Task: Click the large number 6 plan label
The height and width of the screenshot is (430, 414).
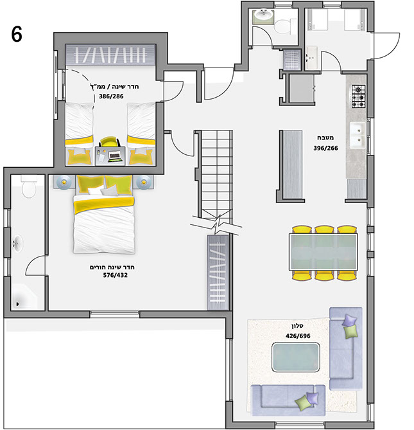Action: point(17,34)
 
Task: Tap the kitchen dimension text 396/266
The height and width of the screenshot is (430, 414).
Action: point(325,148)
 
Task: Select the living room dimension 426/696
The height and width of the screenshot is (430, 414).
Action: point(298,336)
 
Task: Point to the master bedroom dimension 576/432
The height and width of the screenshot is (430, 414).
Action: point(116,275)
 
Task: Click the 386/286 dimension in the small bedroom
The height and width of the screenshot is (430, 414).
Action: point(111,96)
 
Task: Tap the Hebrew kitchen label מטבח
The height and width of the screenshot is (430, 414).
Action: point(325,138)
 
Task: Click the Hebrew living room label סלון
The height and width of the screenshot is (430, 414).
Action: point(297,326)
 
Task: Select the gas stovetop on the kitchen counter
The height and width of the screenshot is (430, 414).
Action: point(358,96)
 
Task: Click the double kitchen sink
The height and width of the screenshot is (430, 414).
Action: point(358,135)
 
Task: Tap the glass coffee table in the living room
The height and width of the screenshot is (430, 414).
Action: point(296,357)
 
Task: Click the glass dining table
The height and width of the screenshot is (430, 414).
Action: point(323,252)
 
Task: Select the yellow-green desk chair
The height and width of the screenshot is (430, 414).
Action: point(110,142)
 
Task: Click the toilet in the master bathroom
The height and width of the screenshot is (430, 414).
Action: point(29,187)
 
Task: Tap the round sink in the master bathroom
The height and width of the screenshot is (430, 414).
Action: point(18,243)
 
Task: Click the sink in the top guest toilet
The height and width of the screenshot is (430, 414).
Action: point(263,17)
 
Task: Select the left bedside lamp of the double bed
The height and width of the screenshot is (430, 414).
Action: point(64,182)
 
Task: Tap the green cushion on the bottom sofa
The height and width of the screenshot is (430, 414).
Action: point(302,403)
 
